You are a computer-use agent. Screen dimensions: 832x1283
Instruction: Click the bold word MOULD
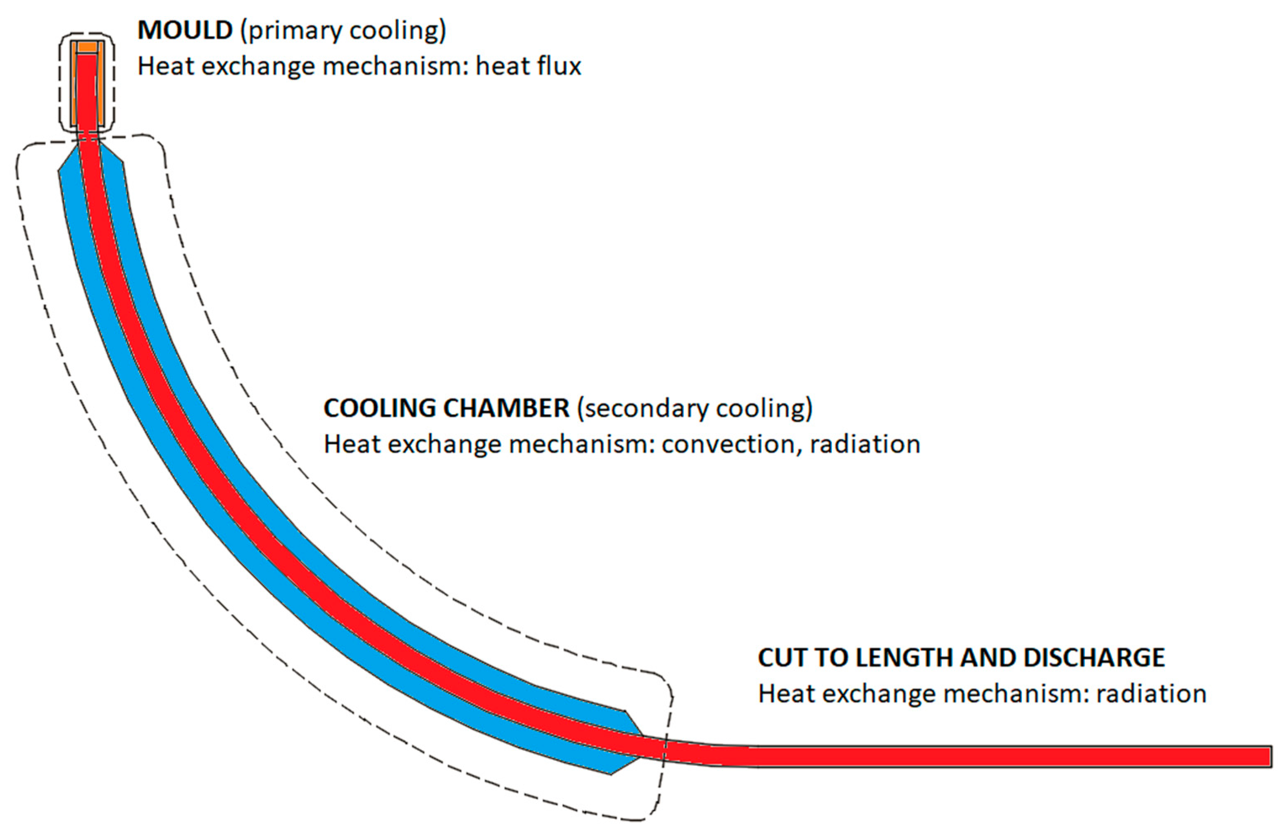185,31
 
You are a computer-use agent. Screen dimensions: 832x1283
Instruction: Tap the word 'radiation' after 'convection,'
865,445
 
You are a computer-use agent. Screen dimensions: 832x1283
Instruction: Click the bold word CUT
781,658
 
